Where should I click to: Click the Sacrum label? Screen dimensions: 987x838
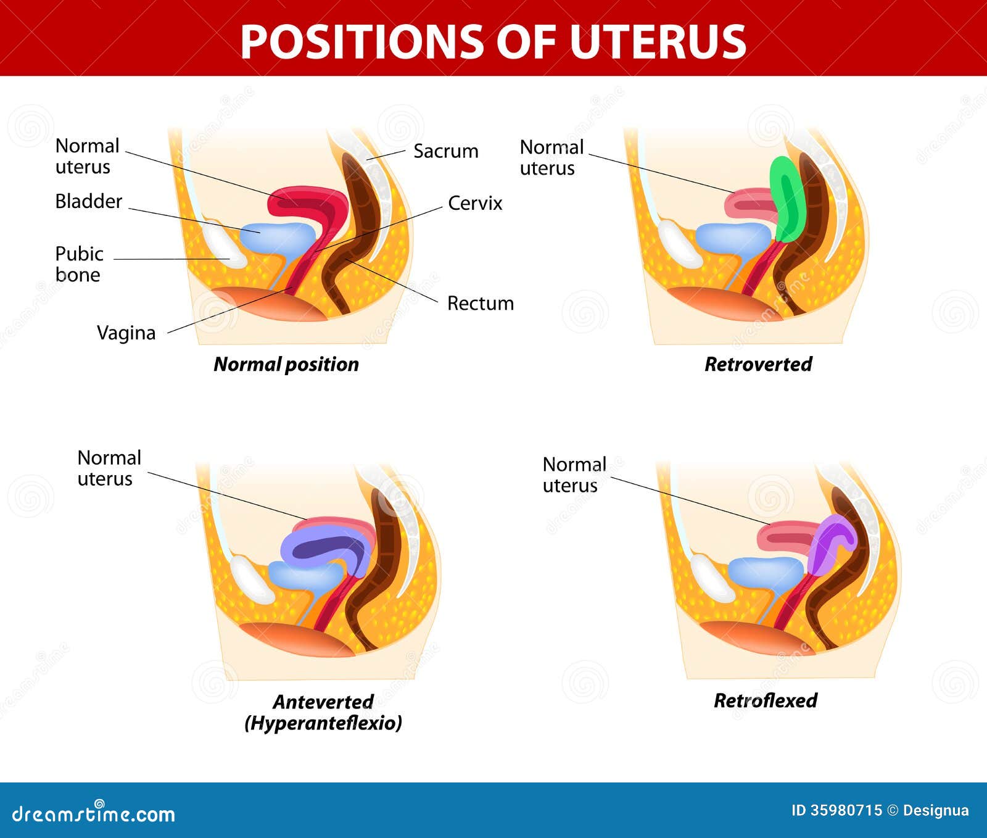[x=445, y=151]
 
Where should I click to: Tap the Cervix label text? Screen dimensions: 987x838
[x=475, y=203]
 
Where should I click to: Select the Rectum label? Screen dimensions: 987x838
[x=480, y=303]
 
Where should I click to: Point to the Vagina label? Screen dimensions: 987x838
[x=126, y=333]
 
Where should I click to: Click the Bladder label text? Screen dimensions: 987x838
[x=88, y=201]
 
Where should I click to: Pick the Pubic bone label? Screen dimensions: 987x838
[x=79, y=264]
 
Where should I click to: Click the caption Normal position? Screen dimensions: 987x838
[x=286, y=364]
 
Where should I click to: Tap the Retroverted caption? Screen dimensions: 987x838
[x=758, y=364]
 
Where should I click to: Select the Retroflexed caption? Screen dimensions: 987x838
[x=765, y=700]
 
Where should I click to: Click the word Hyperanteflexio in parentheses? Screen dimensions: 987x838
[x=323, y=723]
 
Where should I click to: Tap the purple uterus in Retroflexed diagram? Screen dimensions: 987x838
[x=829, y=543]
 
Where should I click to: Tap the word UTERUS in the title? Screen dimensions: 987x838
[x=658, y=42]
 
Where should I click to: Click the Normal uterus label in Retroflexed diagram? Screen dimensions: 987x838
[x=574, y=475]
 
